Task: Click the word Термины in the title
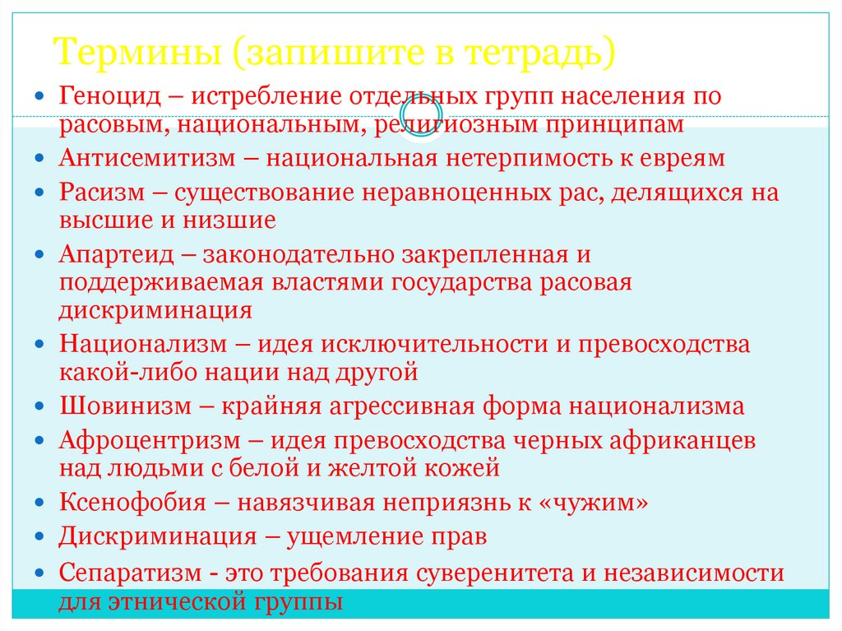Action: pyautogui.click(x=137, y=53)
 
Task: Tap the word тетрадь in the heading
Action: pyautogui.click(x=538, y=53)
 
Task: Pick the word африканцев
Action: pyautogui.click(x=682, y=440)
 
